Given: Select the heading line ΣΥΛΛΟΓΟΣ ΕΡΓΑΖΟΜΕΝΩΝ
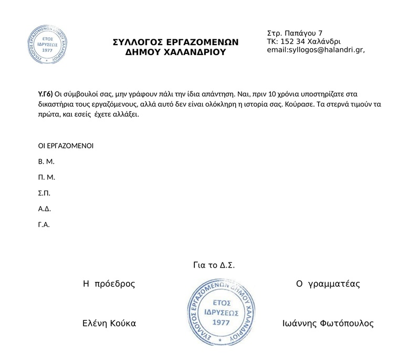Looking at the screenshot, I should pyautogui.click(x=176, y=42).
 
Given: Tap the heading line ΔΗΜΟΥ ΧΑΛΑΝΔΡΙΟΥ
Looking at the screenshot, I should pyautogui.click(x=175, y=52).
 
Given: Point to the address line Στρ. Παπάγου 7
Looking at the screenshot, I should pyautogui.click(x=295, y=34).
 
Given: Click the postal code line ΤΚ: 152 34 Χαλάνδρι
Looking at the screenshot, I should pyautogui.click(x=304, y=42).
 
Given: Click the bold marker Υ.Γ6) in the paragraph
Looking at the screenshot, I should pyautogui.click(x=46, y=94).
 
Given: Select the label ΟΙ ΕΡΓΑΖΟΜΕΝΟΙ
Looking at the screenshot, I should pyautogui.click(x=66, y=145).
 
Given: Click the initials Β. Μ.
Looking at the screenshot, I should pyautogui.click(x=46, y=161).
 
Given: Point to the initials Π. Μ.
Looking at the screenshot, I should pyautogui.click(x=46, y=177).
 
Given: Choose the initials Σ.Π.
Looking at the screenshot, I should pyautogui.click(x=44, y=193).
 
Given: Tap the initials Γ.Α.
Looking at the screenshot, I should pyautogui.click(x=44, y=225).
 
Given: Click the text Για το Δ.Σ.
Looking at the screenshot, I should pyautogui.click(x=214, y=266).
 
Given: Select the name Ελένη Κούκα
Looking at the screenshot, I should pyautogui.click(x=109, y=324).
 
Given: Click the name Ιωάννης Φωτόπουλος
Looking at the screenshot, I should pyautogui.click(x=328, y=324).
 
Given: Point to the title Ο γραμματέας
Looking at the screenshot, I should pyautogui.click(x=328, y=284).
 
